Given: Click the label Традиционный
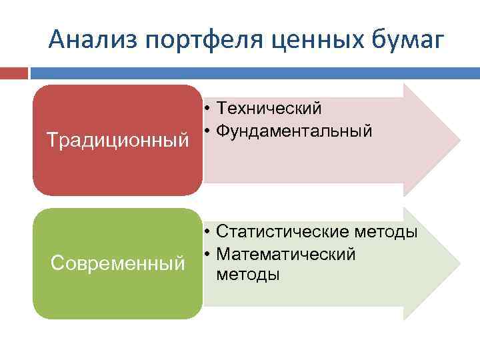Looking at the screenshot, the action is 117,141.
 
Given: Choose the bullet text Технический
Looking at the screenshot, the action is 269,108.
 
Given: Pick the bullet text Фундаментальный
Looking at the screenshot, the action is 294,131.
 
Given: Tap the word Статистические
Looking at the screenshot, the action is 283,232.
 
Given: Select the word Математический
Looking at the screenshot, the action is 286,254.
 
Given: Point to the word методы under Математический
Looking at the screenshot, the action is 248,275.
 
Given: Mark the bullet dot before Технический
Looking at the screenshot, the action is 209,109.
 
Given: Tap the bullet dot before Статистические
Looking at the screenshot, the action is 209,232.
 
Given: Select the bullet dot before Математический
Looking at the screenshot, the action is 209,255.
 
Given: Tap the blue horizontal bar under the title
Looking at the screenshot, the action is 253,72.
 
